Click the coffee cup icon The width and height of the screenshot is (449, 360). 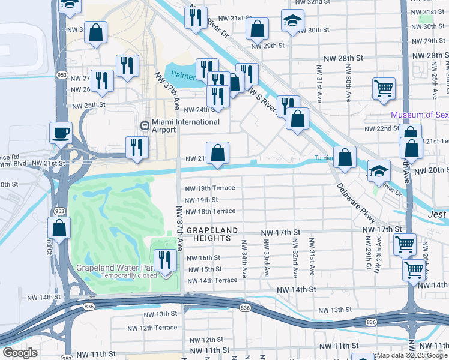tap(61, 133)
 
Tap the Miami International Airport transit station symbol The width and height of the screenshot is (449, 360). tap(144, 125)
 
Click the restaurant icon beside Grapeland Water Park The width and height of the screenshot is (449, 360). tap(163, 260)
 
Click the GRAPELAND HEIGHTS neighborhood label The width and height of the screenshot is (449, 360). tap(212, 234)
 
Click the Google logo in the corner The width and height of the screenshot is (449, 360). tap(20, 353)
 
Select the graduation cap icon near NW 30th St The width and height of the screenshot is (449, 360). tap(292, 22)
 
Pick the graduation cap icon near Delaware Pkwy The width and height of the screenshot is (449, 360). tap(379, 170)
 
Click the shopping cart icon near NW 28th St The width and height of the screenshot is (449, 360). tap(384, 89)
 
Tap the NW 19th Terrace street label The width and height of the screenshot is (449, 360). tap(209, 188)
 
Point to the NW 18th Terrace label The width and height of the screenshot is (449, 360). tap(209, 211)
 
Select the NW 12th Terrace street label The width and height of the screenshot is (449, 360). tap(152, 328)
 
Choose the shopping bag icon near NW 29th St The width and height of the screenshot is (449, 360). tap(257, 28)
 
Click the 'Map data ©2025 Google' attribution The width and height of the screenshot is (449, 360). tap(412, 356)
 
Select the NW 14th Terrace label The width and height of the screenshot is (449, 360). tap(212, 280)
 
